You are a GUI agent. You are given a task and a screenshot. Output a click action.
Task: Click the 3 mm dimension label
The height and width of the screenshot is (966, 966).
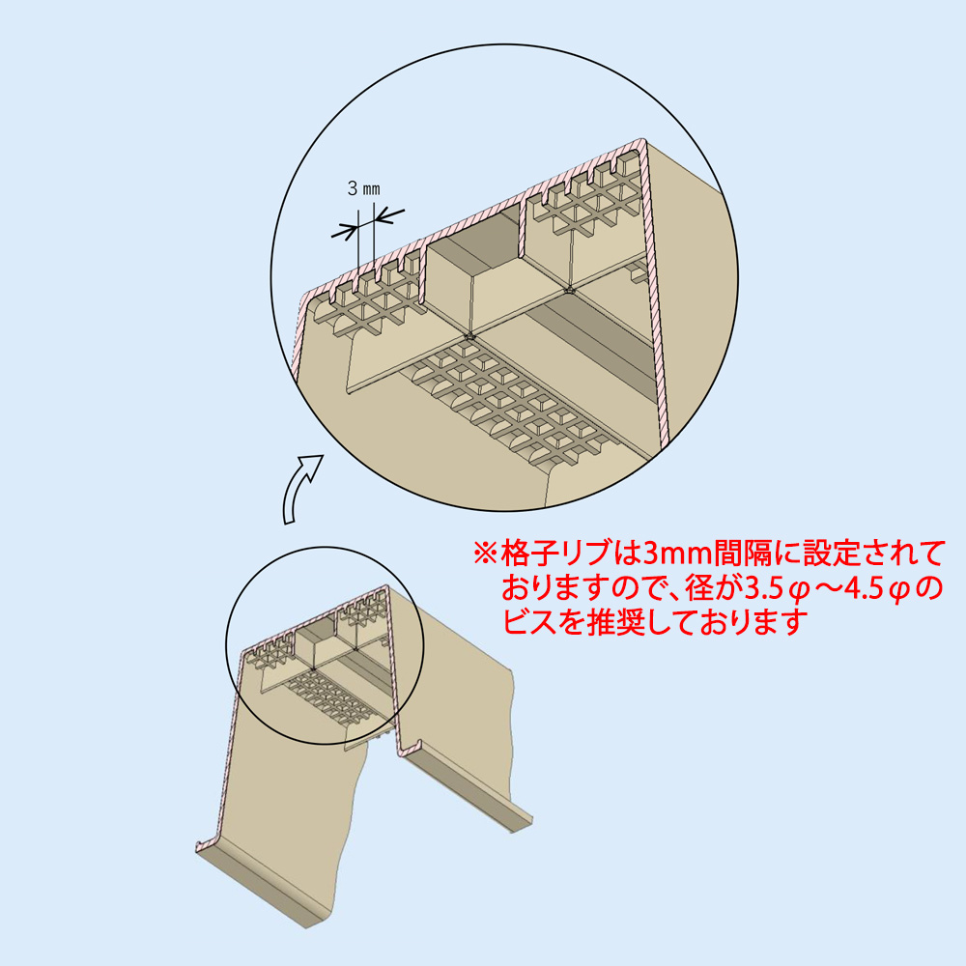tap(363, 188)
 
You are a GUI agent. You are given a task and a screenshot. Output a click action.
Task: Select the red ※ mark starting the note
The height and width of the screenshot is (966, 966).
tap(485, 554)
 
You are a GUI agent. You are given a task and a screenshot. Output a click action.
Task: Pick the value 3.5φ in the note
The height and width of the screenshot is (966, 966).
tap(778, 589)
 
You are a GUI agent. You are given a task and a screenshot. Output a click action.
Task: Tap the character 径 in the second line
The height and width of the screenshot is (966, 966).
tap(698, 589)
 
